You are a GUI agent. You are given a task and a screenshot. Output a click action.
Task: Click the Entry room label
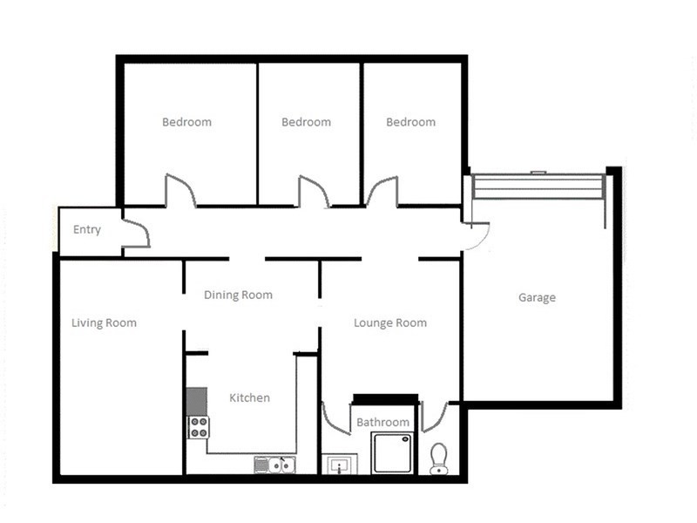tap(86, 229)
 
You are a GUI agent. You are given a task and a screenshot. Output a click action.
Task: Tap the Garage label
tap(537, 297)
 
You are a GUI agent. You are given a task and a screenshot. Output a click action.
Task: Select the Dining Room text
tap(238, 295)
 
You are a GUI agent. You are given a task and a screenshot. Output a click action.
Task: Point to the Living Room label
tap(104, 323)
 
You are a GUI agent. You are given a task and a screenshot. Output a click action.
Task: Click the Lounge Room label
tap(390, 323)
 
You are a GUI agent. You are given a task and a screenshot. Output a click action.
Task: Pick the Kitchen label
tap(249, 397)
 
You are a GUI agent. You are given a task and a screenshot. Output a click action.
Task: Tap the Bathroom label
tap(382, 422)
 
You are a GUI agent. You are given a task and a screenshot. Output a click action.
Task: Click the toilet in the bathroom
tap(439, 458)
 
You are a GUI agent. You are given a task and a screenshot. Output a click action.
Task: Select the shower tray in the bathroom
tap(393, 452)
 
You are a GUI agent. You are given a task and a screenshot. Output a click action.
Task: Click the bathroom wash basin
tap(339, 465)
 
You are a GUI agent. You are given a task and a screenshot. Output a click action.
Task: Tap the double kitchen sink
tap(275, 465)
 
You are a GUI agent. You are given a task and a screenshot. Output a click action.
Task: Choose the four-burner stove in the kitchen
tap(199, 427)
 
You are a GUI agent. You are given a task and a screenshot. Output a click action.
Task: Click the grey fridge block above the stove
tap(197, 401)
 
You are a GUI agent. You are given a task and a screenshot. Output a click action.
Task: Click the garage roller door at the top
tap(538, 187)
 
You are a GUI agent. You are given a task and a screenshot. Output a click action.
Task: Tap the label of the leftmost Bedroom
tap(186, 122)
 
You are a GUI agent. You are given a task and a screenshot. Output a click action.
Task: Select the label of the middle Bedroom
tap(307, 122)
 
